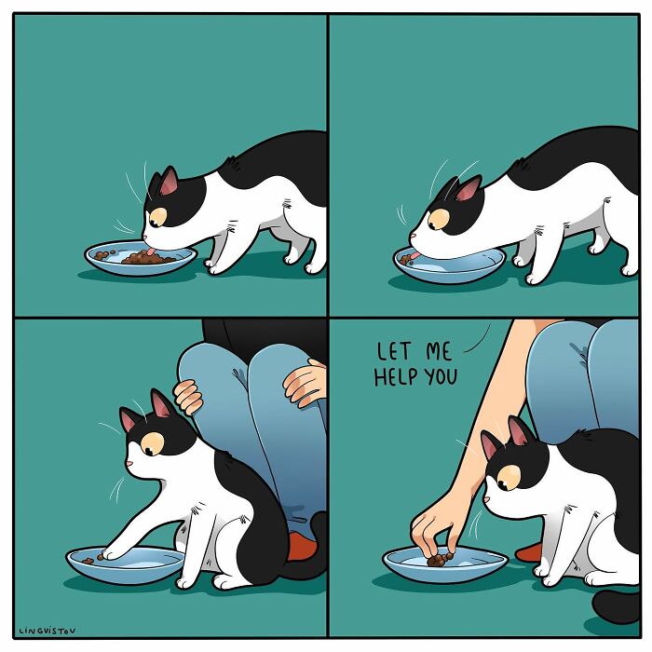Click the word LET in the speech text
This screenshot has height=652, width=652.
point(393,352)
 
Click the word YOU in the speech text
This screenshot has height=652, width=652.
point(441,378)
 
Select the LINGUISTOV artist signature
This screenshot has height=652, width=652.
point(48,630)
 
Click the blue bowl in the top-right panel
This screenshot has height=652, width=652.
point(449,265)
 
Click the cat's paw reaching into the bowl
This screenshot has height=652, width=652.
point(110,553)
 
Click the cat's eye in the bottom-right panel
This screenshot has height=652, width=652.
point(509,480)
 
